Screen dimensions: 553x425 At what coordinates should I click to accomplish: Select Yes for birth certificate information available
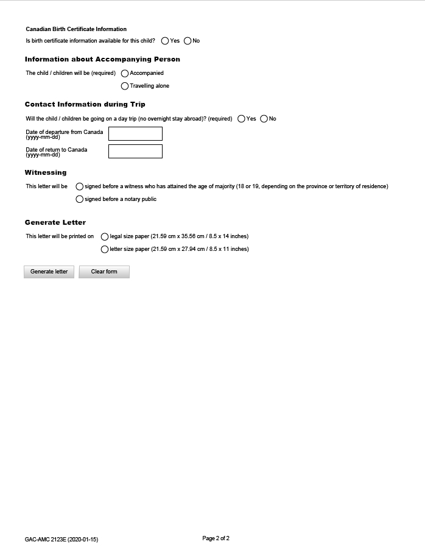click(x=165, y=41)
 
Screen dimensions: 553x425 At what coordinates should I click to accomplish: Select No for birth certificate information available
click(x=188, y=41)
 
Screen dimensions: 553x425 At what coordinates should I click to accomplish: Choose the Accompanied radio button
click(x=125, y=73)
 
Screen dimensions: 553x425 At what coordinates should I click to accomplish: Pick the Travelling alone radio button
click(x=125, y=86)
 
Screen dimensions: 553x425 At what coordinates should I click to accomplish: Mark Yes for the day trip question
click(x=242, y=119)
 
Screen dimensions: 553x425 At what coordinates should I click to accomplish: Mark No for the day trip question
click(x=264, y=119)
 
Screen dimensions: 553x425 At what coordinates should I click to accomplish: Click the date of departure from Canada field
click(x=135, y=134)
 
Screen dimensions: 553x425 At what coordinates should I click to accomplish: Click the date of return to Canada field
click(x=135, y=151)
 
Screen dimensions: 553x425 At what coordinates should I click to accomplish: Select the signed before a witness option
click(x=80, y=186)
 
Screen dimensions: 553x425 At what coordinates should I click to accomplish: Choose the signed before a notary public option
click(x=80, y=199)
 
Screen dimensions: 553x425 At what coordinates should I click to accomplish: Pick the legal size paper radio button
click(x=105, y=236)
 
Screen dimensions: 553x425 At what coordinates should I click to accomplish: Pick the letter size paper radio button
click(x=105, y=249)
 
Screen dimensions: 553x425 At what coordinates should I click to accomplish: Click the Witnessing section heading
click(x=46, y=172)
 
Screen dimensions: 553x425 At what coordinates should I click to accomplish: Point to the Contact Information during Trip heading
click(x=85, y=104)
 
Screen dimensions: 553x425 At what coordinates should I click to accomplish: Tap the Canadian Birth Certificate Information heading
click(x=76, y=29)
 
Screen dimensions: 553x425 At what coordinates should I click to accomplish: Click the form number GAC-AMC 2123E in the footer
click(x=61, y=540)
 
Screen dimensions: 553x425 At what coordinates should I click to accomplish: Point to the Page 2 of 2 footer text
click(x=216, y=538)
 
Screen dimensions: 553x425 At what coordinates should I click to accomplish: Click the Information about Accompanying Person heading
click(x=102, y=59)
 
